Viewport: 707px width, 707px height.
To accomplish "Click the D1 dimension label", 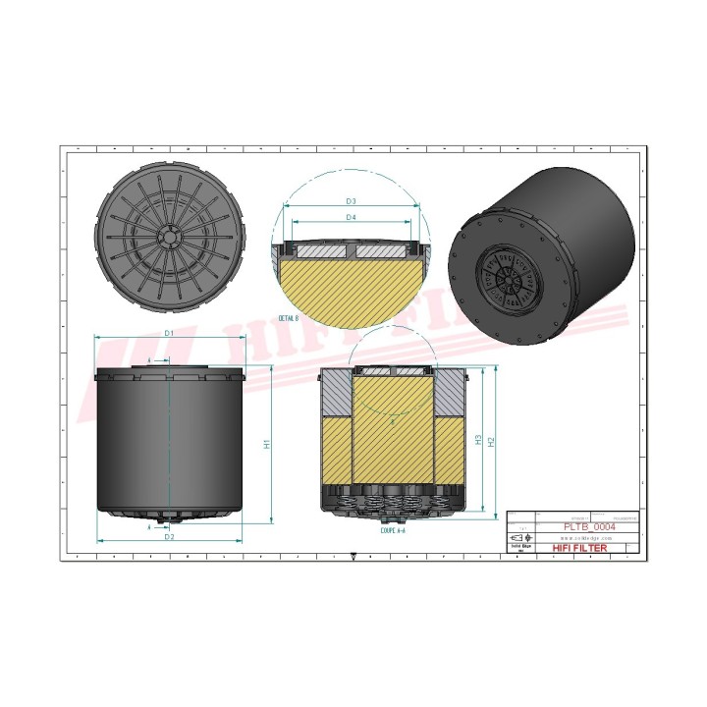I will pyautogui.click(x=169, y=334).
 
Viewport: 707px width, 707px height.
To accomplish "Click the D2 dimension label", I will pyautogui.click(x=169, y=537).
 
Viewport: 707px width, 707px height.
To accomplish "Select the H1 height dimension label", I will pyautogui.click(x=265, y=444).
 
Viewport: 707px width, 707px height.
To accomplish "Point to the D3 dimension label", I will pyautogui.click(x=351, y=201).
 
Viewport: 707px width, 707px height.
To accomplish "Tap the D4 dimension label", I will pyautogui.click(x=351, y=217).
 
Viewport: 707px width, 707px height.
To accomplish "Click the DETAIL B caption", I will pyautogui.click(x=289, y=319).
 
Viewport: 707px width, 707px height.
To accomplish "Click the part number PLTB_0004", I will pyautogui.click(x=589, y=526).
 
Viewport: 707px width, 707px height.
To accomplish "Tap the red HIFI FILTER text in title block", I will pyautogui.click(x=580, y=548).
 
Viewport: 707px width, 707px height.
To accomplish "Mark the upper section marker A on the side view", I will pyautogui.click(x=149, y=361).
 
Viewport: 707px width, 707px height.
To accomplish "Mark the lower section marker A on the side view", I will pyautogui.click(x=149, y=526).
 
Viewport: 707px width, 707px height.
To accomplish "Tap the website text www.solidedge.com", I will pyautogui.click(x=587, y=538).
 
